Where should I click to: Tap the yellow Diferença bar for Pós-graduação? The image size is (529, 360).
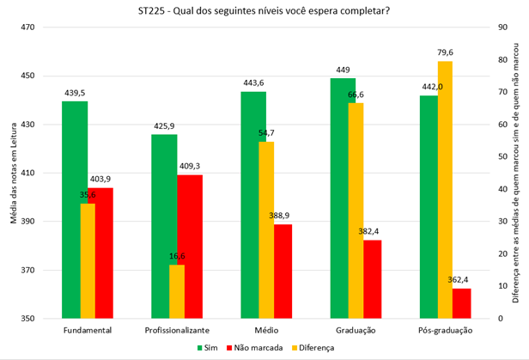pyautogui.click(x=444, y=189)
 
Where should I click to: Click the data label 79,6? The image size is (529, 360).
pyautogui.click(x=445, y=53)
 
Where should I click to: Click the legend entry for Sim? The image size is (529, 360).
pyautogui.click(x=207, y=348)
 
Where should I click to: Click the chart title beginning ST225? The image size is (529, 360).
pyautogui.click(x=264, y=10)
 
